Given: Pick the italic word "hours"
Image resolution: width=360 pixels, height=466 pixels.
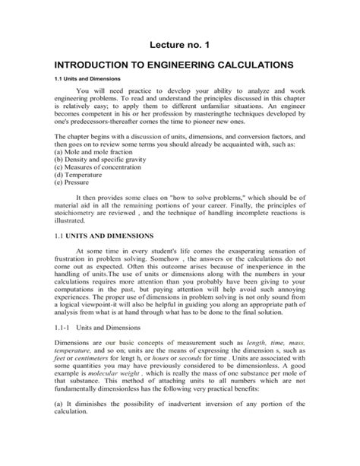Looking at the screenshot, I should pos(165,398).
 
